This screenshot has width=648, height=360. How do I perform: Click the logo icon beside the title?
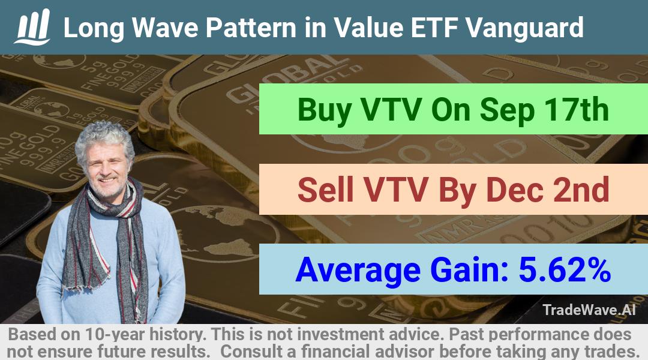pos(32,27)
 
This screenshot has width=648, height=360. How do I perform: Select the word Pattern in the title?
pos(251,27)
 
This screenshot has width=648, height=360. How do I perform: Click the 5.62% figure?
pos(565,269)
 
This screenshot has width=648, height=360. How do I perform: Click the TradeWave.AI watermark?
pos(589,310)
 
